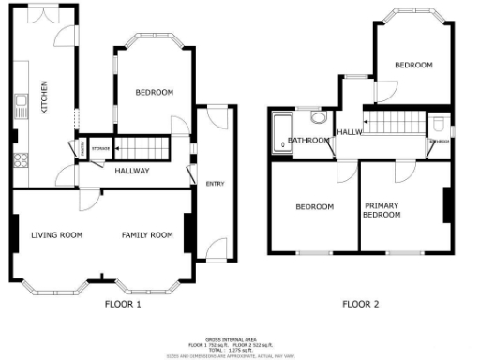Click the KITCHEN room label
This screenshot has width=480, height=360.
[43, 97]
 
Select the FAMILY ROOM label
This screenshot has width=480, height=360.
[147, 234]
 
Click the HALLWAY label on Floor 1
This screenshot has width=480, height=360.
[133, 171]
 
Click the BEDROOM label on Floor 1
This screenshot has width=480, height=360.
[154, 92]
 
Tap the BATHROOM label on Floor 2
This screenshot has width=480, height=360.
[307, 141]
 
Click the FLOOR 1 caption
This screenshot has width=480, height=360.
[124, 304]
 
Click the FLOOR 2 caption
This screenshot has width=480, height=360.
[360, 304]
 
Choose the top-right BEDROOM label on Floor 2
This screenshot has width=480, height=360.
[412, 65]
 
